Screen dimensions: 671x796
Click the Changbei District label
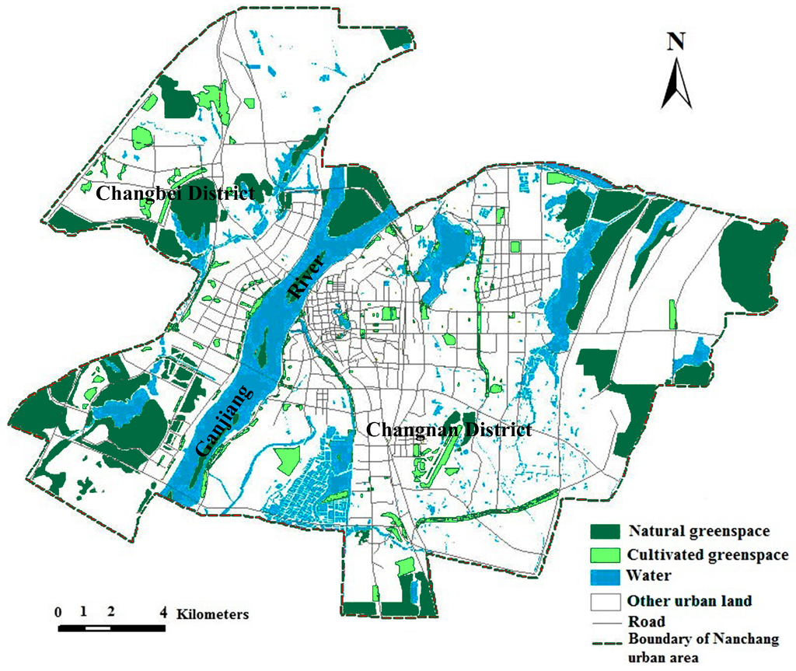point(174,194)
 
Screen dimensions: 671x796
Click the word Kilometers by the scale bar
point(213,613)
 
